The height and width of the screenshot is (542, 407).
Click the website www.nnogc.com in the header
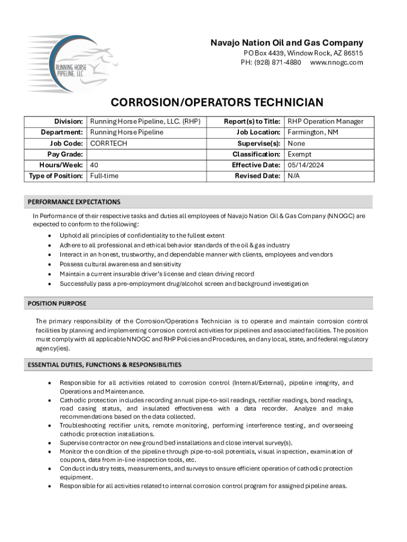pyautogui.click(x=337, y=62)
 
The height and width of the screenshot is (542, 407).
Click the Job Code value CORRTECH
pyautogui.click(x=109, y=143)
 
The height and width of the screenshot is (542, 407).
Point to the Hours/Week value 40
pyautogui.click(x=95, y=165)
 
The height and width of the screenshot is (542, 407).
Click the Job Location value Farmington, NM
pyautogui.click(x=313, y=132)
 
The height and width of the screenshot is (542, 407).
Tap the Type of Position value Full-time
pyautogui.click(x=105, y=176)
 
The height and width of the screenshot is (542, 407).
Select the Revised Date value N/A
pyautogui.click(x=294, y=176)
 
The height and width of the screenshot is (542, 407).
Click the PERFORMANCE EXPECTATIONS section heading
pyautogui.click(x=74, y=202)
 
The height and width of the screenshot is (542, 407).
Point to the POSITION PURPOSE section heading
pyautogui.click(x=57, y=304)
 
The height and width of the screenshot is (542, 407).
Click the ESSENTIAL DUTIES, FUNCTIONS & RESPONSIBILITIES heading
pyautogui.click(x=105, y=365)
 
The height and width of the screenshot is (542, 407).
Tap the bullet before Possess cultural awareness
pyautogui.click(x=50, y=264)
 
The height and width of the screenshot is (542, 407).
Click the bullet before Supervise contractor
pyautogui.click(x=50, y=443)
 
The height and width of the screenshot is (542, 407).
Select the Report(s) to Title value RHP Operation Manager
pyautogui.click(x=326, y=122)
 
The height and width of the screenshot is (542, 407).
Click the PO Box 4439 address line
pyautogui.click(x=303, y=53)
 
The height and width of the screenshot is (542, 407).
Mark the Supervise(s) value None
pyautogui.click(x=297, y=143)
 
